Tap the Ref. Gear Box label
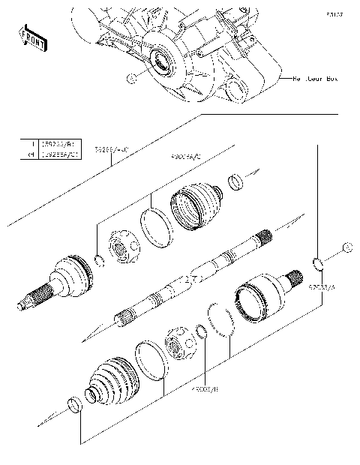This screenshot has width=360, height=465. (x=314, y=77)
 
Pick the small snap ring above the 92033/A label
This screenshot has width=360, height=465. (x=316, y=262)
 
